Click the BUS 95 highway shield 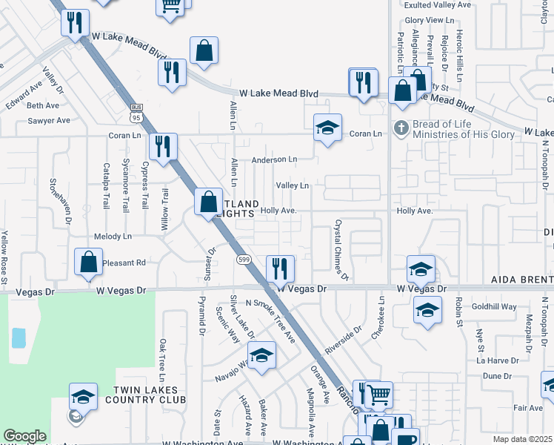tap(135, 113)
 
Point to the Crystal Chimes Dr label tap(341, 250)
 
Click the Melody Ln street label tap(113, 237)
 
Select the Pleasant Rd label tap(125, 263)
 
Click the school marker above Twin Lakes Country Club tap(84, 396)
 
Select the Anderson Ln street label tap(274, 159)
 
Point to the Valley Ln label tap(292, 185)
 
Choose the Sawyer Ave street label tap(48, 120)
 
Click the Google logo tap(24, 436)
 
